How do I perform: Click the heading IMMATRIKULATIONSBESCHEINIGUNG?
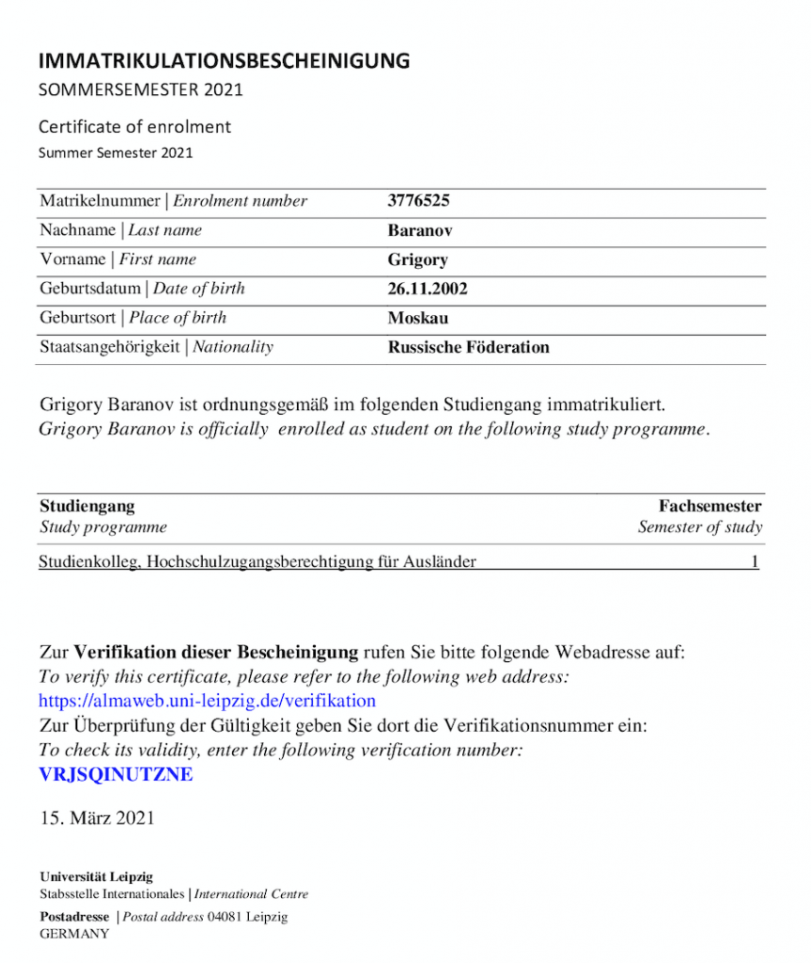coord(224,62)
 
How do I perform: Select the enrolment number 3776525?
coord(419,201)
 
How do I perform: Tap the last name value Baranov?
coord(420,230)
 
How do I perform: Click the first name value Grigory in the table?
coord(417,260)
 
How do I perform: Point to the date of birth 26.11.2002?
coord(428,289)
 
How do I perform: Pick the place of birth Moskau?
coord(418,318)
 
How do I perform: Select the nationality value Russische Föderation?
coord(468,347)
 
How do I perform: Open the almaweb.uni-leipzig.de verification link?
coord(207,701)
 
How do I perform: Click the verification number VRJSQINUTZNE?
coord(116,775)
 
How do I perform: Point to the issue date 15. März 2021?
coord(97,818)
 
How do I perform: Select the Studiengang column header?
coord(86,506)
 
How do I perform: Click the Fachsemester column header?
coord(710,506)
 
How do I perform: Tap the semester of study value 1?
coord(755,562)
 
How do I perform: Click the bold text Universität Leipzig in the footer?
coord(96,876)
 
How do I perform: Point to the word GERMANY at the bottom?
coord(74,934)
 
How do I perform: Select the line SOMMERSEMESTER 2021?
coord(140,90)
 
